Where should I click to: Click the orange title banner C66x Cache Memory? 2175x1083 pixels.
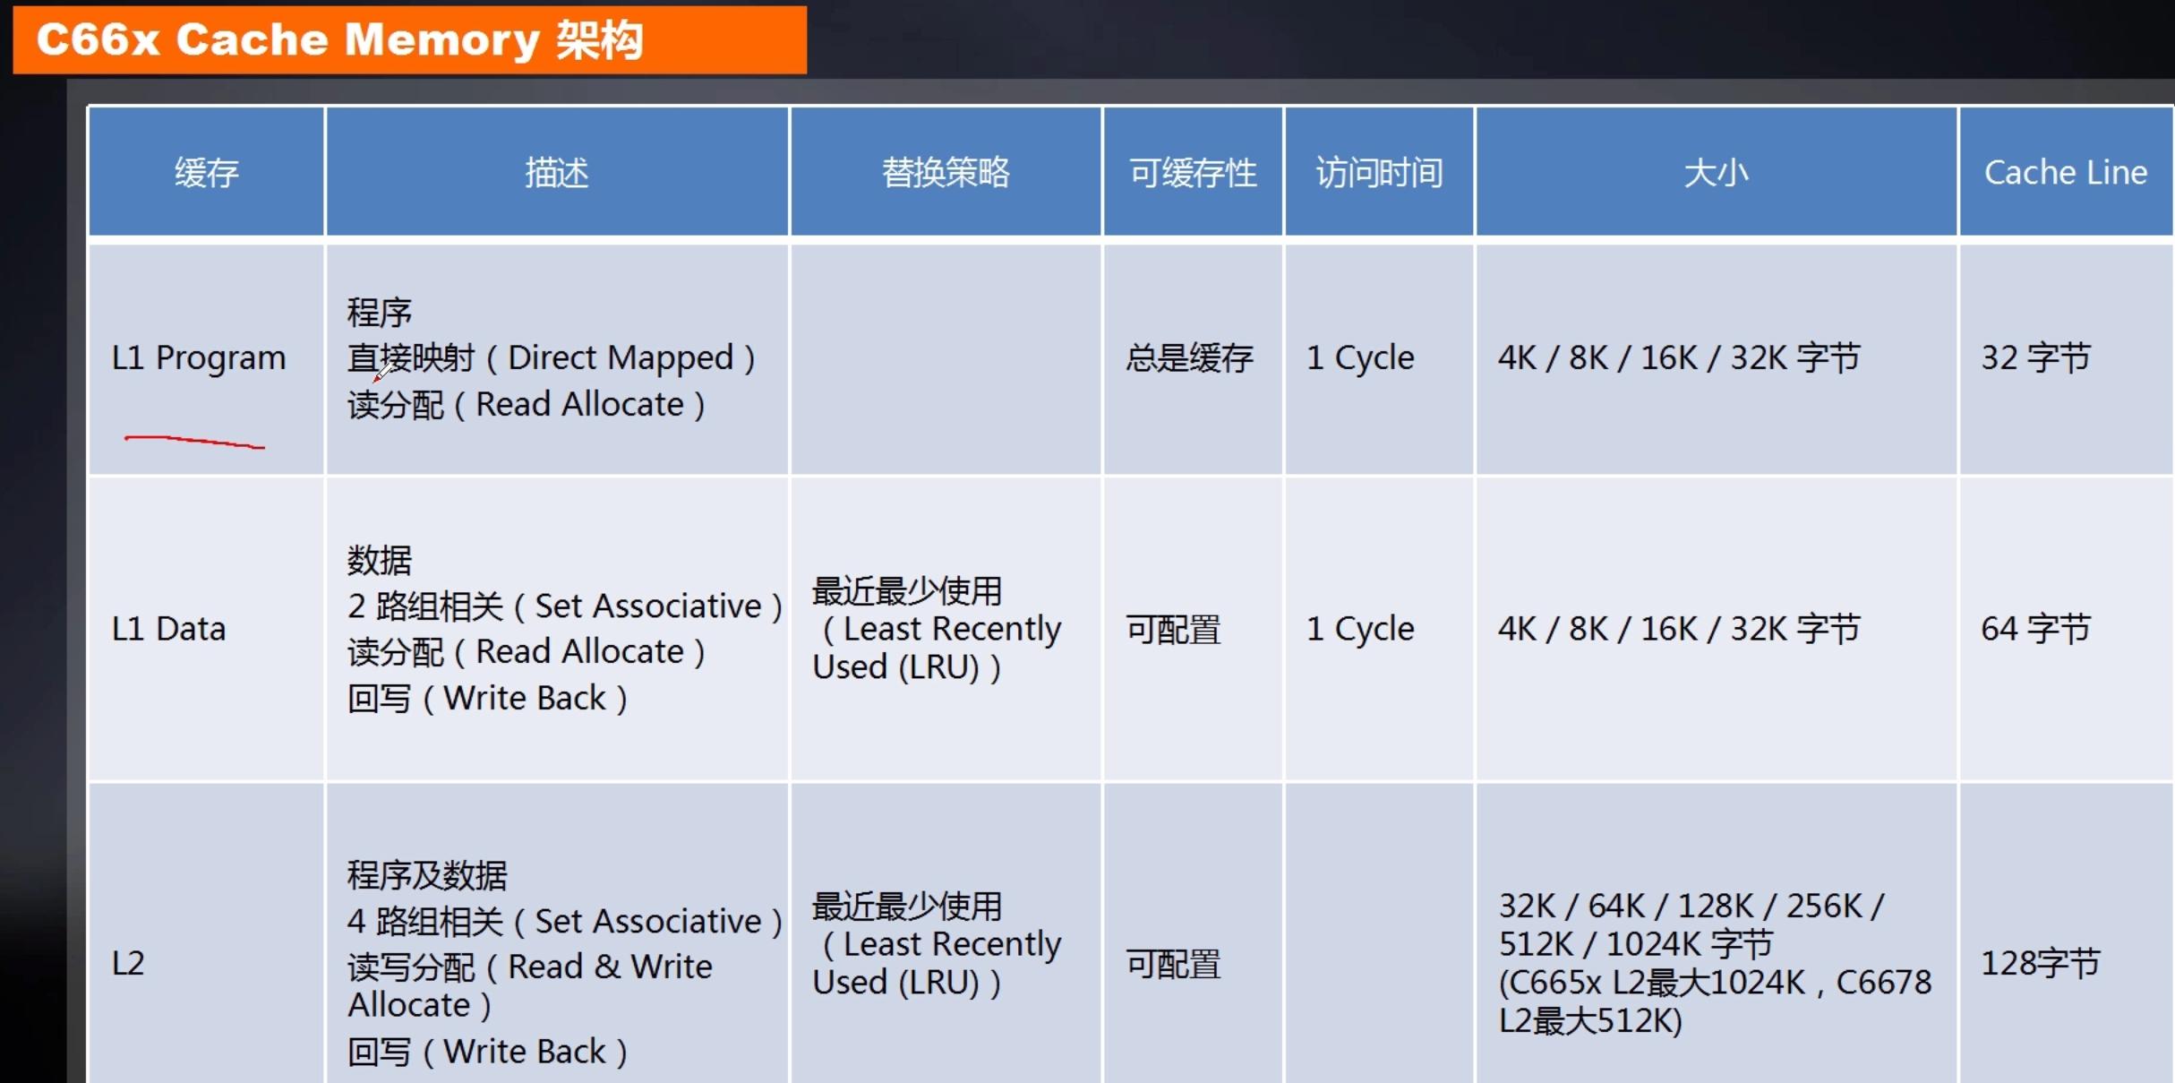click(408, 40)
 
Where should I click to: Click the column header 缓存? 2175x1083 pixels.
click(207, 172)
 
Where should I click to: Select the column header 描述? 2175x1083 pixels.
click(557, 172)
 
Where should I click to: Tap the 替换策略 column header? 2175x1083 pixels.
click(946, 172)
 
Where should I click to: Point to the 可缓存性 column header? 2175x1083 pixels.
click(1193, 172)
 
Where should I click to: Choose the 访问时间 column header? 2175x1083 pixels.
click(1379, 172)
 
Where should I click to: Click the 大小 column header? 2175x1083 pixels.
click(1716, 172)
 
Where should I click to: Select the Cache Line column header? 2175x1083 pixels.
click(2066, 172)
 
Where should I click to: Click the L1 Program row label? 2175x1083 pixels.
click(198, 357)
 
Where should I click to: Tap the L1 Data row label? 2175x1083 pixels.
click(168, 629)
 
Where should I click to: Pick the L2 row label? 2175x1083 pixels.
click(128, 964)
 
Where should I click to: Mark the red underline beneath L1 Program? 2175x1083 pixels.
click(194, 441)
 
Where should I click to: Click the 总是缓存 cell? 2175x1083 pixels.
click(1189, 358)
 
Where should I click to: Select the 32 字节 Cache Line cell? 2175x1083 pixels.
click(2035, 357)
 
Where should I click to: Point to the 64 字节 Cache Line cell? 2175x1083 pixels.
click(2035, 629)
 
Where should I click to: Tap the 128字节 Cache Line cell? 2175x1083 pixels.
click(2040, 964)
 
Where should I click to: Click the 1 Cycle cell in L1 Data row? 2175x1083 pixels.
click(1360, 629)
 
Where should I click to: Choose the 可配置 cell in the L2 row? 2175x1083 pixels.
click(1173, 965)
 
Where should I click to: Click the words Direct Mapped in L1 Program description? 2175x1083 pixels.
click(621, 357)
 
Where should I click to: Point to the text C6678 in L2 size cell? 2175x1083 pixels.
click(1884, 983)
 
